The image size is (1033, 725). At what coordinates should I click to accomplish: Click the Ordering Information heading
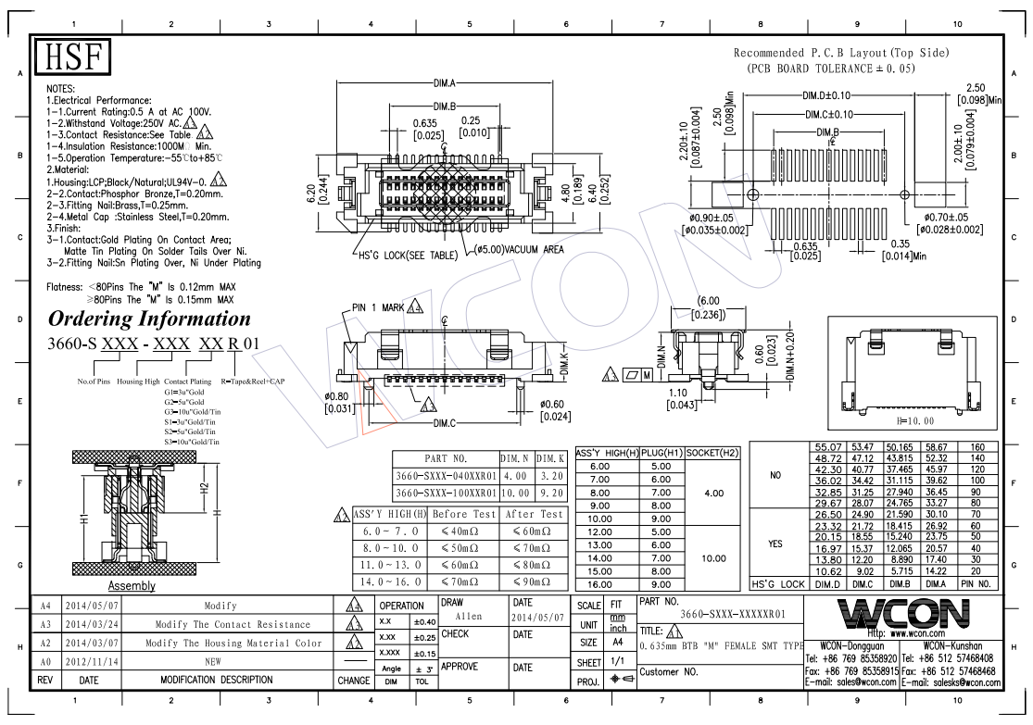[x=149, y=319]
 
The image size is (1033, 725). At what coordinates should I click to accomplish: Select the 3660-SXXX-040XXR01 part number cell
[x=445, y=475]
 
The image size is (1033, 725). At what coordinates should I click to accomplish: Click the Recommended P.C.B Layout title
[x=840, y=54]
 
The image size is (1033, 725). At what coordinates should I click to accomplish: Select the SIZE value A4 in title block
[x=615, y=643]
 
